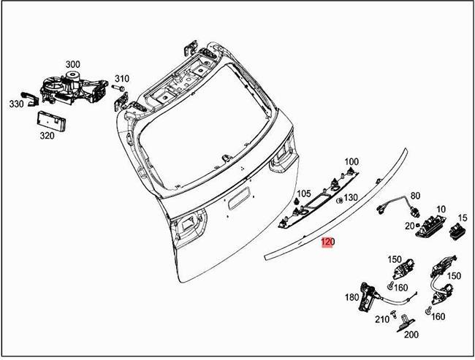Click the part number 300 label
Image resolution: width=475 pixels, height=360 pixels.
[x=73, y=64]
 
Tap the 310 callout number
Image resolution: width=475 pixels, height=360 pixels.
[x=121, y=79]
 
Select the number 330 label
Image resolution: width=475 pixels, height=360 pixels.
[x=17, y=104]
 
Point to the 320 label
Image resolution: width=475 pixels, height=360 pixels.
[x=47, y=136]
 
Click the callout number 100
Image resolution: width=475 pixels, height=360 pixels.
[x=351, y=161]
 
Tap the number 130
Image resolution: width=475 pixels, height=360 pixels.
[x=351, y=198]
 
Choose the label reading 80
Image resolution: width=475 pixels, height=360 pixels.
[x=416, y=196]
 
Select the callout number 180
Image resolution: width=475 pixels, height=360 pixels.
[x=351, y=297]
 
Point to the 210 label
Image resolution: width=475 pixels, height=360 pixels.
[x=381, y=319]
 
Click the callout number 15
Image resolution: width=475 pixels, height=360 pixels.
[x=462, y=218]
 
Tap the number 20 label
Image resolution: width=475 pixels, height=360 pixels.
[x=410, y=226]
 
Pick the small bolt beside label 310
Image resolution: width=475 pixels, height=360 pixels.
[x=115, y=88]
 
